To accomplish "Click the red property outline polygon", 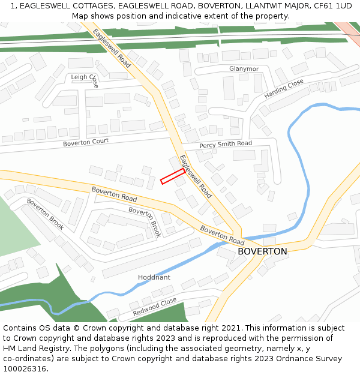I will click(172, 176).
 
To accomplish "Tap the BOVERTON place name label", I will click(262, 251).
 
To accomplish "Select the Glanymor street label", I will click(244, 69).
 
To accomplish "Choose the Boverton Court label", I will click(86, 142).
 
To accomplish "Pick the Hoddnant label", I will click(154, 277).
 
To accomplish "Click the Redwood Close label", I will click(155, 306).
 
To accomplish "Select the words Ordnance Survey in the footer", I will click(311, 359).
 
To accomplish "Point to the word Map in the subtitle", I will click(80, 16).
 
